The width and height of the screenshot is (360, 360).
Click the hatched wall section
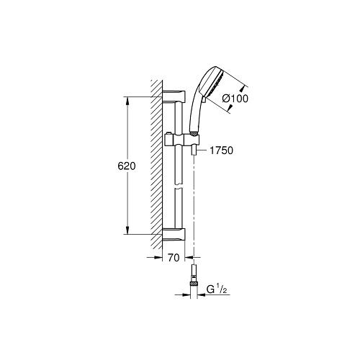pos(155,166)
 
